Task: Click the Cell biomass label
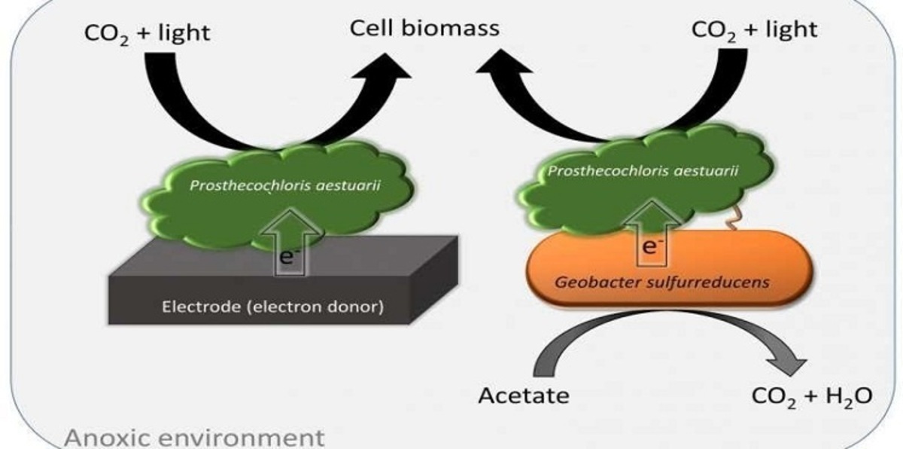click(x=424, y=29)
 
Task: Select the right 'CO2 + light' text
click(x=754, y=30)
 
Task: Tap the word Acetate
click(x=524, y=395)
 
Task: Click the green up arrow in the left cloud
click(x=287, y=223)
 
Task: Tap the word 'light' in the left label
click(x=184, y=32)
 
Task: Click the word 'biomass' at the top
click(x=456, y=29)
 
